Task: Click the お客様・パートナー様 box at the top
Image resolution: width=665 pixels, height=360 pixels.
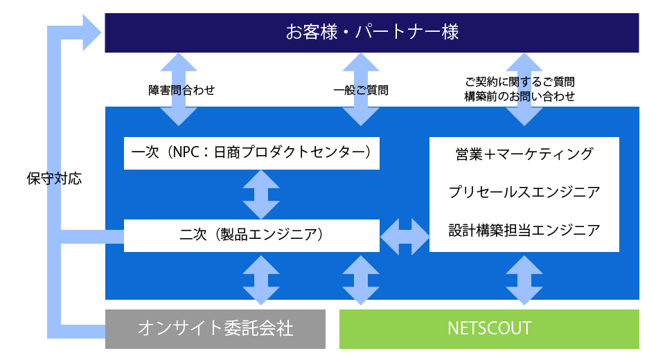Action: pyautogui.click(x=371, y=33)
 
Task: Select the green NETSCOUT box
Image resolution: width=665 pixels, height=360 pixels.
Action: pyautogui.click(x=489, y=328)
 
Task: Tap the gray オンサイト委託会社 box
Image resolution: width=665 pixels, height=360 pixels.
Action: pyautogui.click(x=215, y=328)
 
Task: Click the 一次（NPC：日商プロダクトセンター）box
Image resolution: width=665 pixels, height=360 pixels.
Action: pyautogui.click(x=251, y=153)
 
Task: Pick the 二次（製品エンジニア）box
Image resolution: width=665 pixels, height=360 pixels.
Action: pyautogui.click(x=251, y=235)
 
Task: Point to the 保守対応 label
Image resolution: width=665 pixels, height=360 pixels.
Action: pyautogui.click(x=54, y=179)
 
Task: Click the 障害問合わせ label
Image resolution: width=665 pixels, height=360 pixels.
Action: pyautogui.click(x=182, y=90)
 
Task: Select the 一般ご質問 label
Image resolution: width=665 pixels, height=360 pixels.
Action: pyautogui.click(x=360, y=90)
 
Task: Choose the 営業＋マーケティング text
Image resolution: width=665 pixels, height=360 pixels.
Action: pyautogui.click(x=524, y=154)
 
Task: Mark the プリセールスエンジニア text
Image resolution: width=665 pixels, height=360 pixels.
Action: pyautogui.click(x=524, y=192)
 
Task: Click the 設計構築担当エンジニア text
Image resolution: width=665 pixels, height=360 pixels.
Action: pyautogui.click(x=524, y=231)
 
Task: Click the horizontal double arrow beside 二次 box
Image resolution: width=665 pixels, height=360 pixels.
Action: pyautogui.click(x=405, y=236)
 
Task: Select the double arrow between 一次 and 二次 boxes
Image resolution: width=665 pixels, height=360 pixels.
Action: pyautogui.click(x=261, y=194)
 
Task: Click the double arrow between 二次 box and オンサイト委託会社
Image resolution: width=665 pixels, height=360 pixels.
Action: pyautogui.click(x=261, y=280)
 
